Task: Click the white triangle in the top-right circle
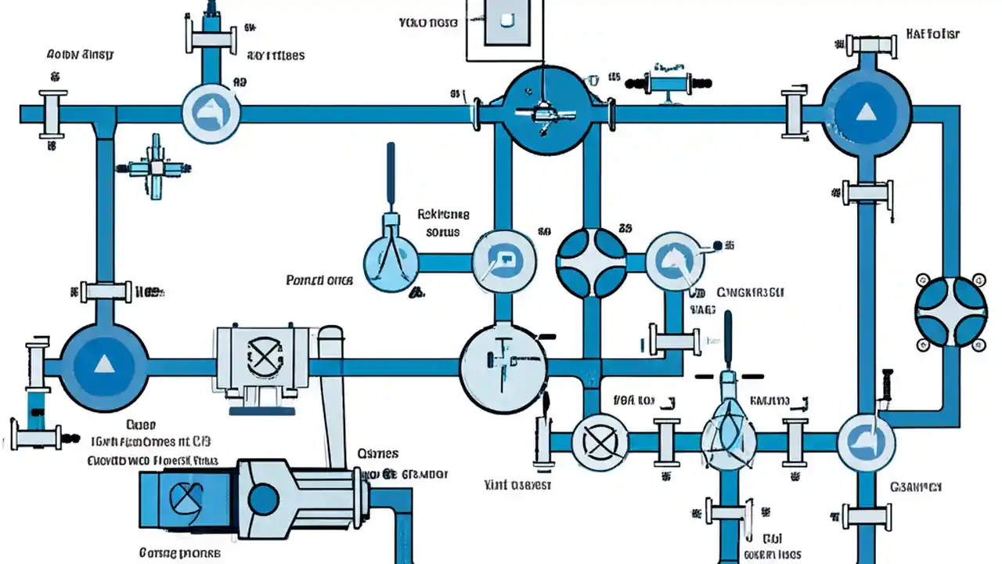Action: [x=866, y=113]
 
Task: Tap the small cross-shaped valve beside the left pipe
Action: [x=156, y=167]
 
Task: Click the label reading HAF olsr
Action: [x=932, y=34]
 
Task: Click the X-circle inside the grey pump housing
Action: [x=262, y=358]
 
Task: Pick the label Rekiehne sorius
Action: [x=443, y=222]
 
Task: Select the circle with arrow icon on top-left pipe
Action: [x=211, y=114]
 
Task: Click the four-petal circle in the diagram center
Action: [x=592, y=263]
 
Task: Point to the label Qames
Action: [x=377, y=454]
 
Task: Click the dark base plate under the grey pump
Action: [x=262, y=408]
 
